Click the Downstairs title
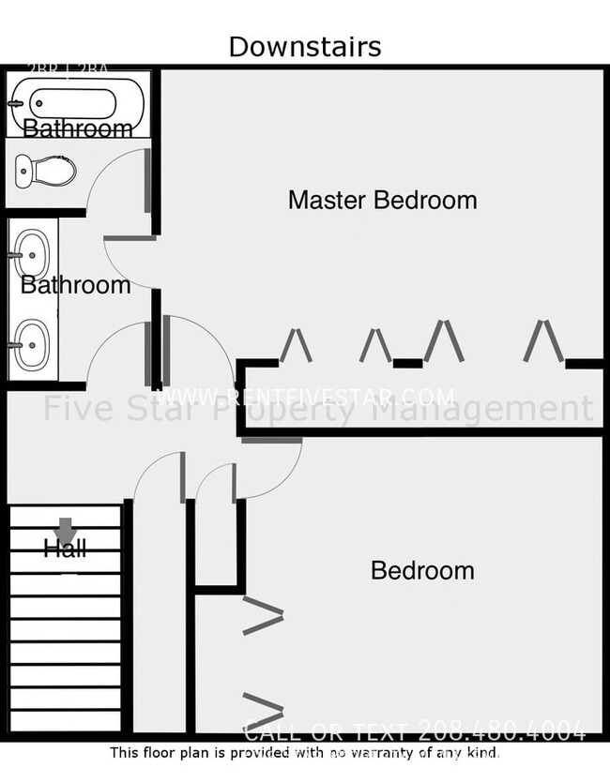point(305,46)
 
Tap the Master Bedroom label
point(382,200)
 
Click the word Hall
point(65,549)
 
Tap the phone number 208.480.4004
point(501,730)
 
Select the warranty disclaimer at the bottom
point(305,752)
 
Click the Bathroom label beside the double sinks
point(75,285)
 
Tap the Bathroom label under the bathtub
point(77,128)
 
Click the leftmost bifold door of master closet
point(296,344)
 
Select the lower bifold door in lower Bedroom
point(263,711)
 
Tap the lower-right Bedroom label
point(422,570)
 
